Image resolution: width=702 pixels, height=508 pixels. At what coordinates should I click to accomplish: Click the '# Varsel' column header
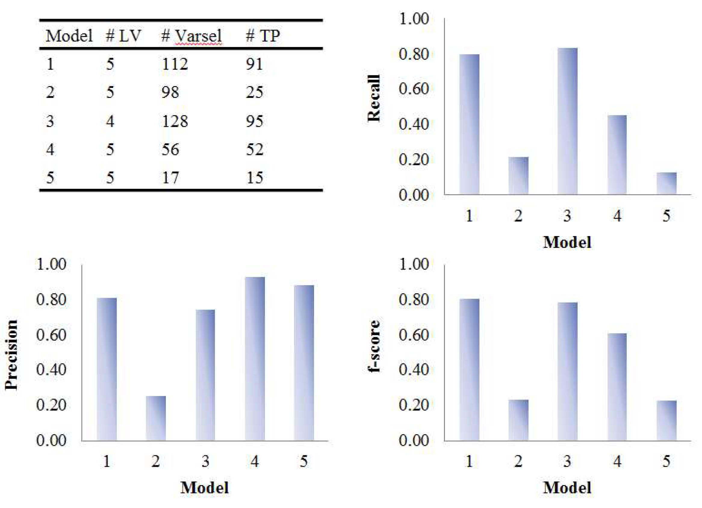point(191,36)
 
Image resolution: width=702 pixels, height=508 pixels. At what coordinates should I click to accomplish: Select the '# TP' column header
point(262,36)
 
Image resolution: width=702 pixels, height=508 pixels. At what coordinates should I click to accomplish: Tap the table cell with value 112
point(175,64)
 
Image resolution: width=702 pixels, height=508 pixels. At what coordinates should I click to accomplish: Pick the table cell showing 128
point(175,121)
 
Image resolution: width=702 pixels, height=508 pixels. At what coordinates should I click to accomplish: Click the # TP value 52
point(254,149)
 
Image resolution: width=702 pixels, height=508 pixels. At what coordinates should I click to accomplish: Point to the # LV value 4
point(110,121)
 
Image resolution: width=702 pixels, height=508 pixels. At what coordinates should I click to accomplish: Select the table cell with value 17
point(170,178)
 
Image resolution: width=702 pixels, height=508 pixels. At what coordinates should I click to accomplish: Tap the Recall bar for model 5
point(666,183)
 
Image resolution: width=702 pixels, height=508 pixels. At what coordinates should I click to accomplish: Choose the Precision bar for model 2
point(156,418)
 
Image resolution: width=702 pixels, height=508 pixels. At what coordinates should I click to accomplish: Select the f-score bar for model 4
point(617,387)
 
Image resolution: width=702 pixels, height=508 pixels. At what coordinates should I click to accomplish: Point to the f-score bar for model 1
point(469,369)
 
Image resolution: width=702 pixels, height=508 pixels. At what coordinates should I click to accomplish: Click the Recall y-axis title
point(374,98)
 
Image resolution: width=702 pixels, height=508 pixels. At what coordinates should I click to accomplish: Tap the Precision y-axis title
point(11,355)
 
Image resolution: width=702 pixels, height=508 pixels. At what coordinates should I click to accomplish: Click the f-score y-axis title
point(374,346)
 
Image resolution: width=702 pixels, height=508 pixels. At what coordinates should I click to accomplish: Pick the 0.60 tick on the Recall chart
point(414,89)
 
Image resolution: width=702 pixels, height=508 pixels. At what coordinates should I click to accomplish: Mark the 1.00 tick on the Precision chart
point(51,264)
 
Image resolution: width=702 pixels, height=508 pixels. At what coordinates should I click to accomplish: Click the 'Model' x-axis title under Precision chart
point(205,488)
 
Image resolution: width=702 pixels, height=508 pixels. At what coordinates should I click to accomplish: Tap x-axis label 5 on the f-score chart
point(666,461)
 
